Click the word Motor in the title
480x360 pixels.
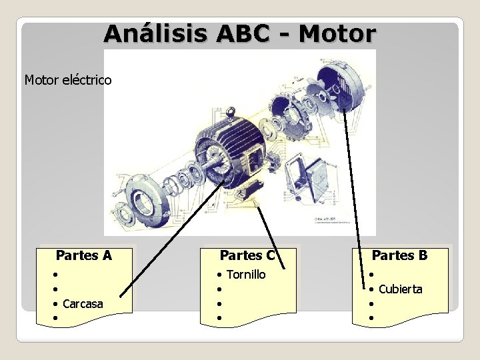tap(337, 34)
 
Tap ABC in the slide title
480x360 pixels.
tap(249, 34)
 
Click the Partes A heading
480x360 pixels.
tap(84, 255)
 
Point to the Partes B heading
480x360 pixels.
tap(400, 255)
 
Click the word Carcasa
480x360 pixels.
tap(83, 304)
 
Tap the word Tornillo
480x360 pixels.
tap(246, 275)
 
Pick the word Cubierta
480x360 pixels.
tap(400, 289)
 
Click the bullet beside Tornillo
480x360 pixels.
tap(219, 275)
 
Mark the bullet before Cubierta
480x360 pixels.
tap(371, 289)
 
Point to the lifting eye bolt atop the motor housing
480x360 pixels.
tap(221, 111)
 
